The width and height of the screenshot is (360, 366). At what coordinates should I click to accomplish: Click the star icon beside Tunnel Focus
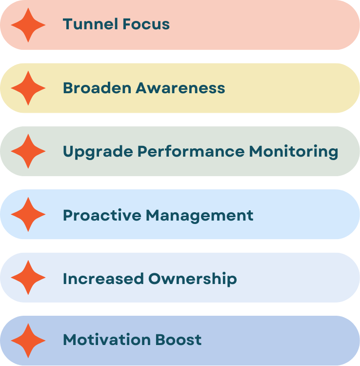pos(28,25)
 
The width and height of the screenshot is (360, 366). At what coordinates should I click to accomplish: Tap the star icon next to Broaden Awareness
pos(28,88)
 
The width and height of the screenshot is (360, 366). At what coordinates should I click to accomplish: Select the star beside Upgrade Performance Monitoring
pos(28,151)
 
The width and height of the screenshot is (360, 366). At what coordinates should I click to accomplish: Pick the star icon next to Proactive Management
pos(28,215)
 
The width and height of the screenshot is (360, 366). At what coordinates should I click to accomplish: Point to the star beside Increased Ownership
pos(28,278)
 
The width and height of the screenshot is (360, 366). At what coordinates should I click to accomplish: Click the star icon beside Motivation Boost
pos(28,341)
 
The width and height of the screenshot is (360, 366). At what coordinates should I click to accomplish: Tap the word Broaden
pos(97,88)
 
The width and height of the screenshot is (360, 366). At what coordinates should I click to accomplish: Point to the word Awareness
pos(180,88)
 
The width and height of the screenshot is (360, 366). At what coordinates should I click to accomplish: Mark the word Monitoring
pos(294,151)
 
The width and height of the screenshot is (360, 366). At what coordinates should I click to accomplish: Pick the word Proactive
pos(102,215)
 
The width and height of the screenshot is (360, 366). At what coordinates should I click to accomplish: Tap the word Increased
pos(103,278)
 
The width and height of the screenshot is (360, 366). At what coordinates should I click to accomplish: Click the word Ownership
pos(193,279)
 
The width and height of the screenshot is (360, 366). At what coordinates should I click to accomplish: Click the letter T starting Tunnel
pos(67,24)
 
